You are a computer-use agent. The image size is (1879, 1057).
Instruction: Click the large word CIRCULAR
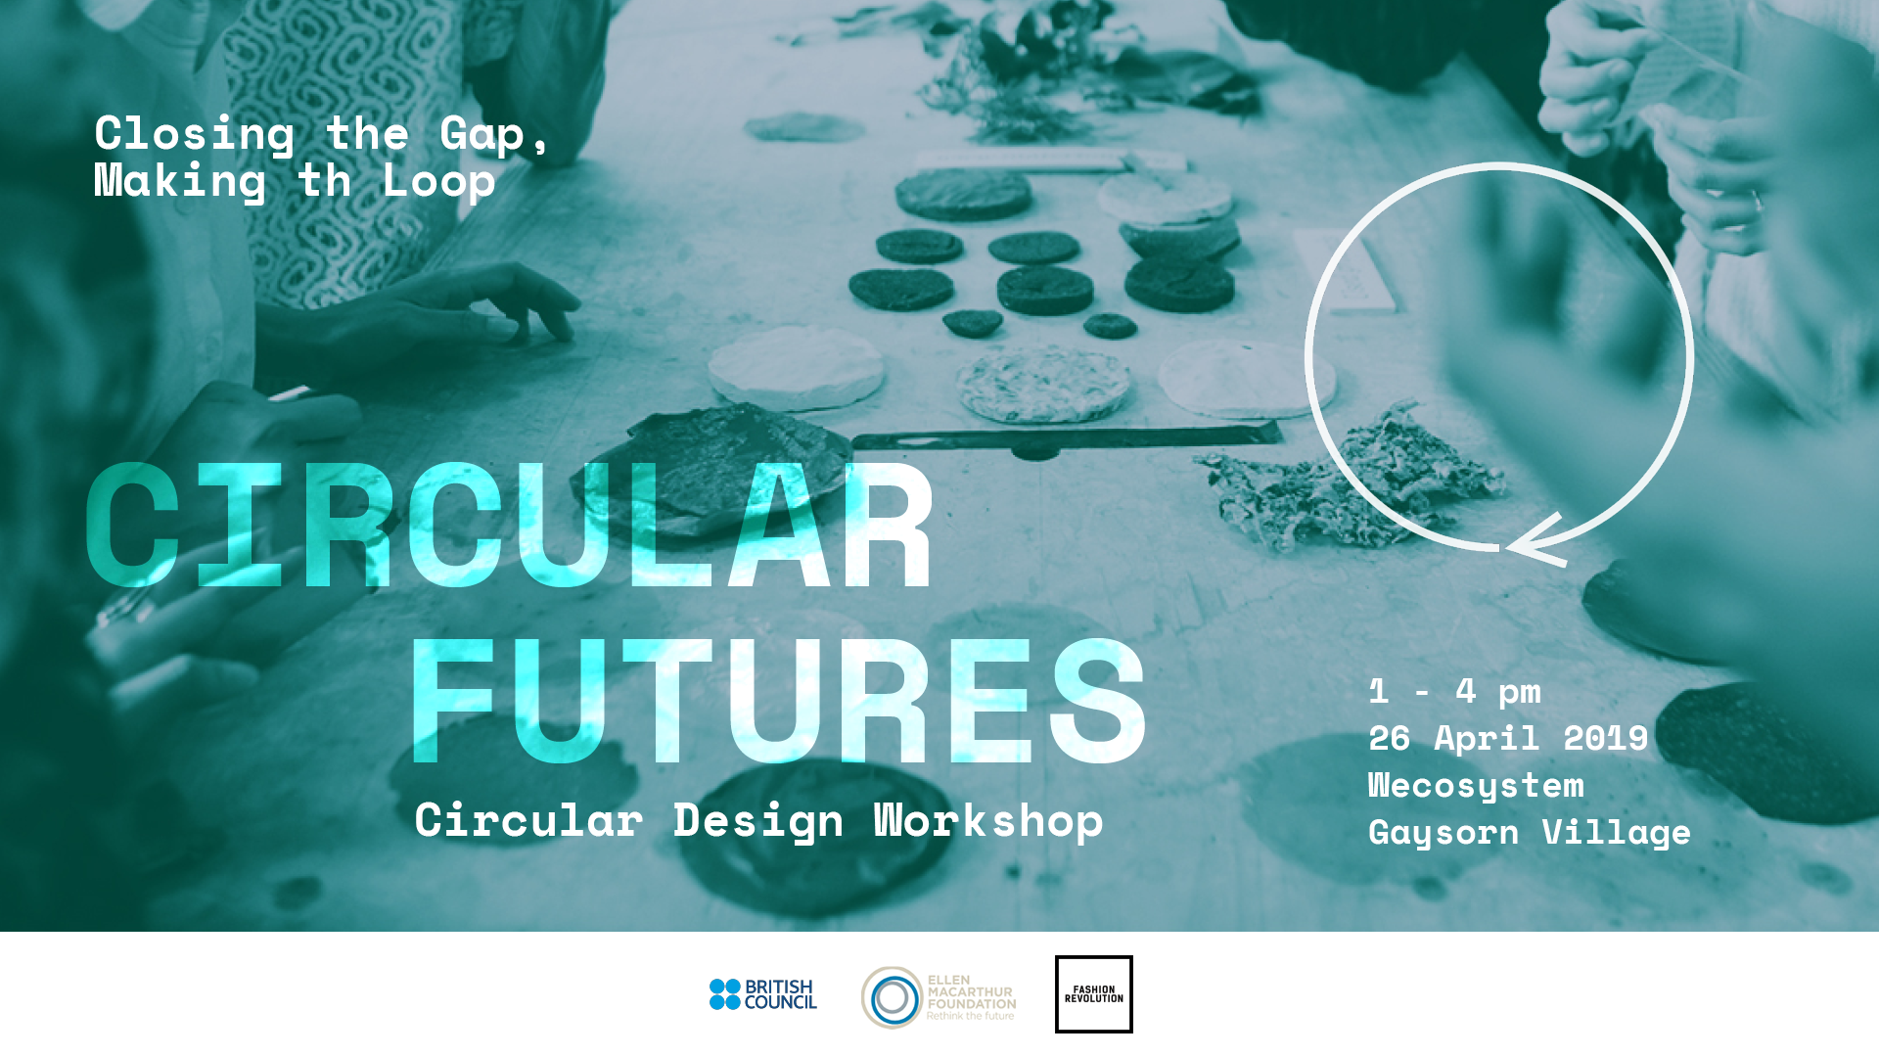pos(509,526)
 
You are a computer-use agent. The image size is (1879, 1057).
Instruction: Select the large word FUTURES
pos(779,700)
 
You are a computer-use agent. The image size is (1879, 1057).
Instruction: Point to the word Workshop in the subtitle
pos(988,821)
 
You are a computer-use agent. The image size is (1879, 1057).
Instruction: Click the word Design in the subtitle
pos(757,821)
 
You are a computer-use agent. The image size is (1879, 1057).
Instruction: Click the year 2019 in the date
pos(1606,738)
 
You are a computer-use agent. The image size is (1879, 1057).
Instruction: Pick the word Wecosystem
pos(1476,786)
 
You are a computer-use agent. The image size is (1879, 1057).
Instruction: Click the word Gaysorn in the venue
pos(1444,833)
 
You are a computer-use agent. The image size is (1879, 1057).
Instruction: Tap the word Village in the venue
pos(1617,833)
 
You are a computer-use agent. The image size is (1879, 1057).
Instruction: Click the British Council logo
pos(763,994)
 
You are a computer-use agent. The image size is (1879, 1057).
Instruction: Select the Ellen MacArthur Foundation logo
pos(939,997)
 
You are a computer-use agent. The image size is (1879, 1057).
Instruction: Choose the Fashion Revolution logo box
pos(1094,994)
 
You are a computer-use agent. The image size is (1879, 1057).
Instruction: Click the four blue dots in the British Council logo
pos(725,994)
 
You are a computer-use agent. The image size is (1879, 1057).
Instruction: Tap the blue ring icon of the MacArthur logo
pos(892,998)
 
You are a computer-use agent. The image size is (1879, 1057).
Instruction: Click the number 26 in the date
pos(1389,738)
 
